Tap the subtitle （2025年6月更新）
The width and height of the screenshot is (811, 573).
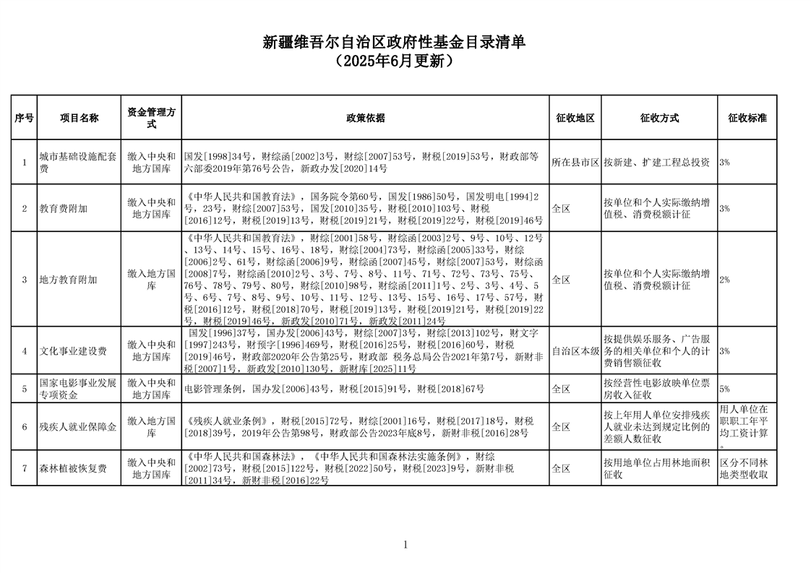(394, 61)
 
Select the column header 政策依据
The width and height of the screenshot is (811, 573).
(365, 118)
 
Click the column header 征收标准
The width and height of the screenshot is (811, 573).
(747, 118)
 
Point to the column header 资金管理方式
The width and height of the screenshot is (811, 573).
(151, 118)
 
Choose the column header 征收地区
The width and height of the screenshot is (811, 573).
(575, 118)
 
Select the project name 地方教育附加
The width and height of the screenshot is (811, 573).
(68, 280)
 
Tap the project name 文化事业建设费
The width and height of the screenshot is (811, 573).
(73, 351)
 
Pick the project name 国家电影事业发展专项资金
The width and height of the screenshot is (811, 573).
(78, 389)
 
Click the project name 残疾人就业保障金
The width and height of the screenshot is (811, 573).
(78, 426)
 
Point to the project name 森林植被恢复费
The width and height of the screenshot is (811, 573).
(73, 468)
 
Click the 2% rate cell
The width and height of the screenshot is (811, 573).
(724, 280)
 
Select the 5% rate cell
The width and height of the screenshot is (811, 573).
(724, 389)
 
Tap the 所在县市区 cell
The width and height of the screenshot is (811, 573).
(575, 163)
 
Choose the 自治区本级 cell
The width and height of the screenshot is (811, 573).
(575, 351)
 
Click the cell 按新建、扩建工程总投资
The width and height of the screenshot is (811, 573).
(656, 163)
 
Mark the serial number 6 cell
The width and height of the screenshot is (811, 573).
(24, 426)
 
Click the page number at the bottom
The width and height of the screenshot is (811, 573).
(405, 545)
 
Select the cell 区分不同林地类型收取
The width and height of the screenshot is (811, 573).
(747, 468)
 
